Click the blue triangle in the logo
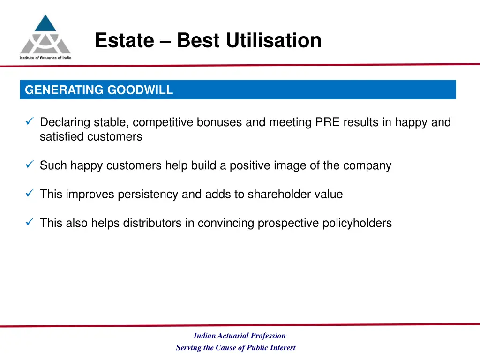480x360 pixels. [45, 24]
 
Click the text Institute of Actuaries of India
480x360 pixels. [45, 58]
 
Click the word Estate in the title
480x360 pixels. [124, 40]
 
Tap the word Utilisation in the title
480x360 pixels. [273, 40]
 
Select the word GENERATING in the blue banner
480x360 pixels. [64, 90]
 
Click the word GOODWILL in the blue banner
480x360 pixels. [140, 90]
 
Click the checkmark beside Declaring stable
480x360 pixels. [29, 122]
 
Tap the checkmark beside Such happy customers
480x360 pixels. [29, 165]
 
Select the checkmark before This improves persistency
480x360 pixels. [29, 194]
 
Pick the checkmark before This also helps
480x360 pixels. [29, 223]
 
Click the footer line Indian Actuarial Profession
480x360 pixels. [240, 336]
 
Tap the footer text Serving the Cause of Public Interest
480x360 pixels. [236, 348]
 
